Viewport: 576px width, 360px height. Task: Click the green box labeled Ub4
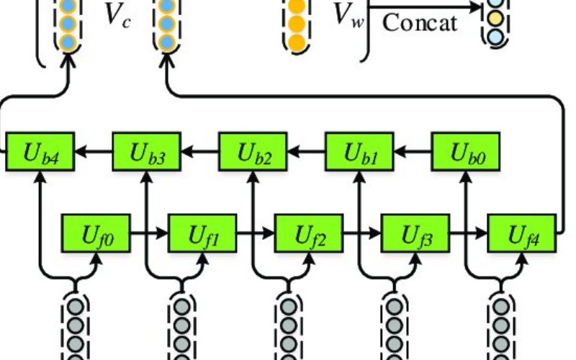[40, 152]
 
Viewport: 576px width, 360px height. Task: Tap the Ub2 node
[253, 152]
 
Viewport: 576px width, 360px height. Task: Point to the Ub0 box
[466, 152]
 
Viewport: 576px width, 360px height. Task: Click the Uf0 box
[96, 233]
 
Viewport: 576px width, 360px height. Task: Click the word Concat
[420, 22]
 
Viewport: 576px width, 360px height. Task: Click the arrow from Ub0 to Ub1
[412, 152]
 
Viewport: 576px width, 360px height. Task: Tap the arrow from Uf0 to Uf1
[150, 233]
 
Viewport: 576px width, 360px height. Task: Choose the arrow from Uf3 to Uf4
[469, 233]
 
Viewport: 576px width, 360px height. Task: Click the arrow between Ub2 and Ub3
[200, 152]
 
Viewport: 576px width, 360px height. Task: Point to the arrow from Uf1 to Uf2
[256, 233]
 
